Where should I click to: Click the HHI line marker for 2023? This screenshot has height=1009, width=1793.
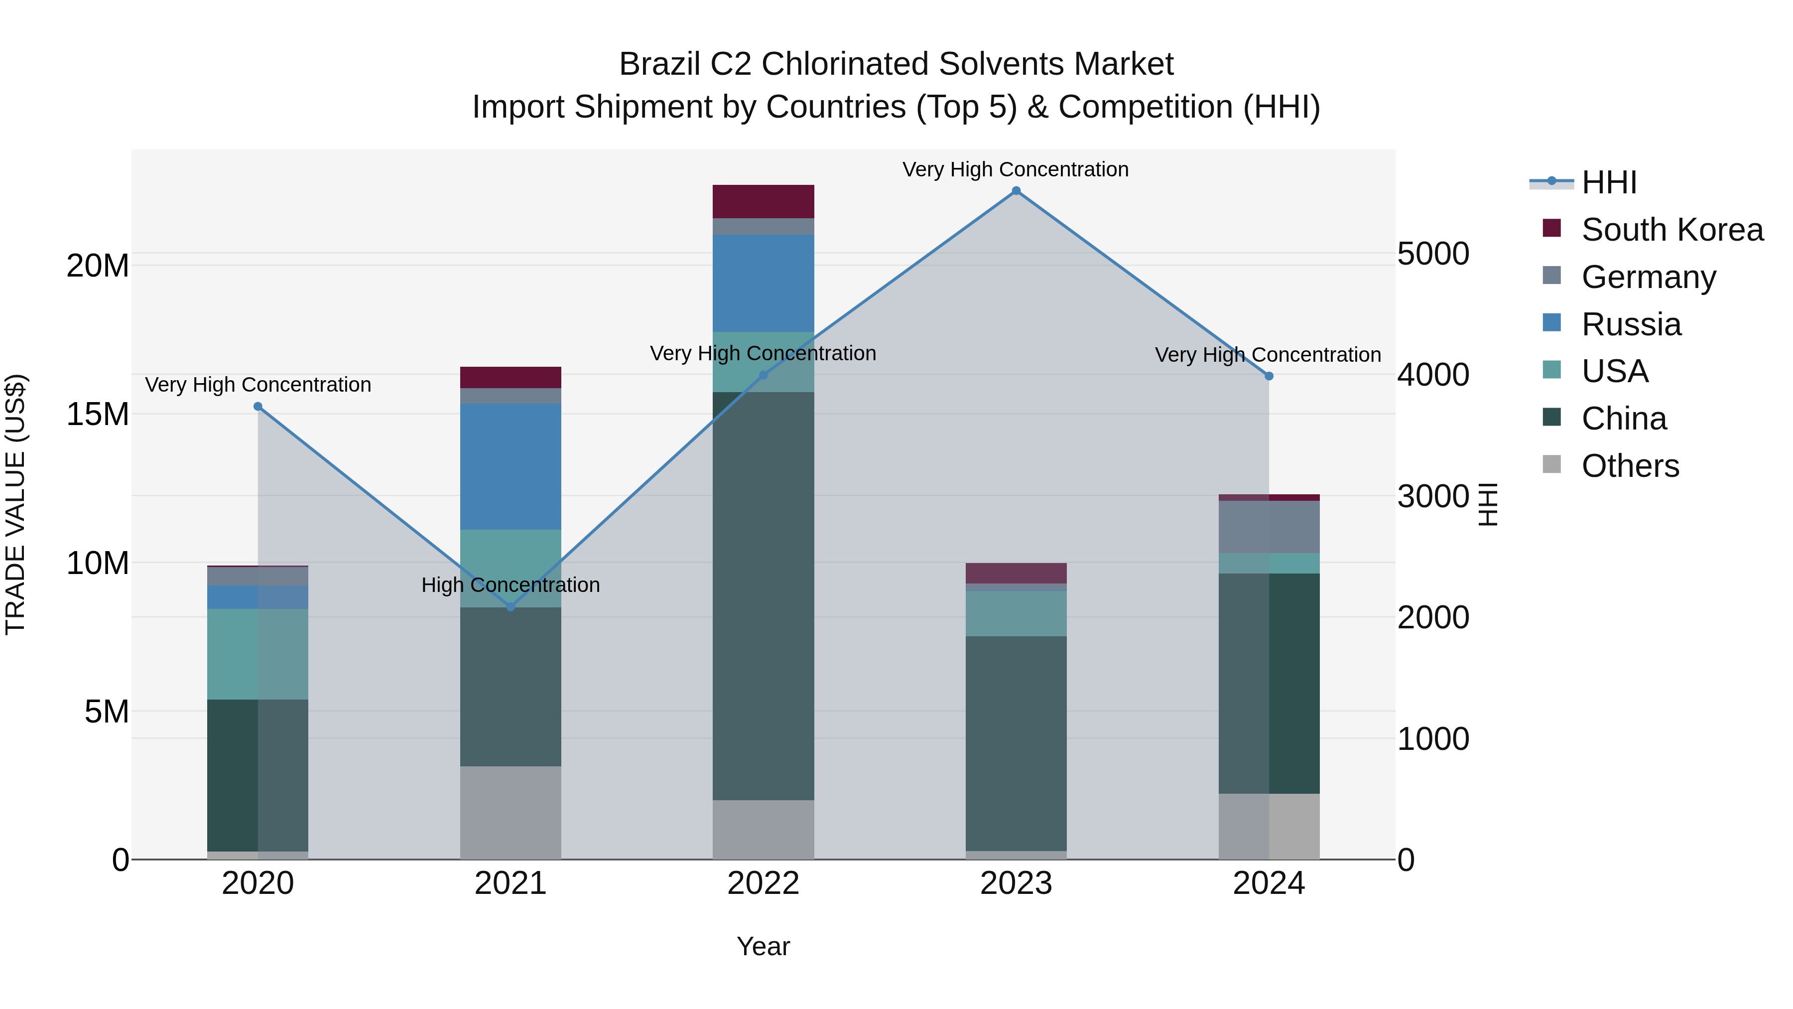(x=1016, y=191)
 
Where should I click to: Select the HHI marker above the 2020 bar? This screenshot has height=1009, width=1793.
(x=258, y=407)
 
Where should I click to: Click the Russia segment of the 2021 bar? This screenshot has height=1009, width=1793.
(x=511, y=466)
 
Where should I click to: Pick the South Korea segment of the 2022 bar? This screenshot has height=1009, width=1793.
(x=763, y=202)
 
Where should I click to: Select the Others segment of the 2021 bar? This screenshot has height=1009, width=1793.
(x=511, y=813)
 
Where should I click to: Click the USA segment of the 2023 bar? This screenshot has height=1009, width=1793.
(x=1016, y=613)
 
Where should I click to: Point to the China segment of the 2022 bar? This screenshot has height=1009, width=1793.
(x=763, y=596)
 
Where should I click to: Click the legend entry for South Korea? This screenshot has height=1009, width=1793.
(x=1672, y=230)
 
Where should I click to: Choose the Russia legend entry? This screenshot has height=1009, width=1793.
(x=1631, y=324)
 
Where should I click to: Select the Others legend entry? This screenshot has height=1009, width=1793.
(x=1630, y=466)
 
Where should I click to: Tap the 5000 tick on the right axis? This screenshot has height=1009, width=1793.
(x=1433, y=254)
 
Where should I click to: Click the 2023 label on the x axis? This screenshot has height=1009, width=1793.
(x=1016, y=883)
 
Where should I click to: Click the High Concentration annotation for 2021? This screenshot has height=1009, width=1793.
(x=511, y=585)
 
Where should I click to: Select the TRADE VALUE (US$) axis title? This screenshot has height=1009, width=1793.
(x=16, y=504)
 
